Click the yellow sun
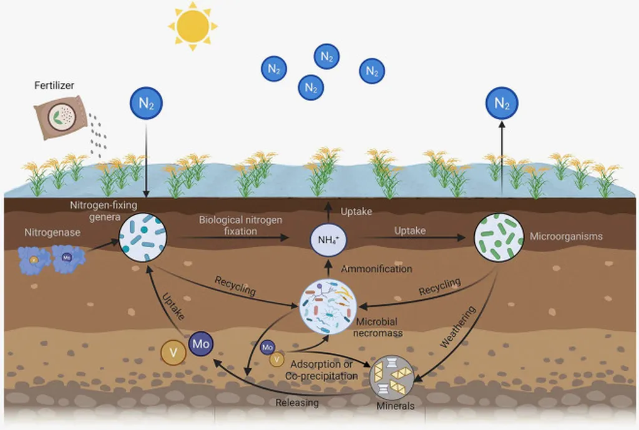[193, 26]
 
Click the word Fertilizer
[54, 85]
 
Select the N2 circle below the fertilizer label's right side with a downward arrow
[146, 104]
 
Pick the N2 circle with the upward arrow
[502, 104]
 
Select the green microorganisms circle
[499, 237]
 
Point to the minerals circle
[393, 377]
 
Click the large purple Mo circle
[200, 344]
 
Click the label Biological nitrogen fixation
[240, 225]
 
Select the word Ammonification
[376, 269]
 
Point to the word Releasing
[297, 403]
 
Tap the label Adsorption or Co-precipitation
[321, 370]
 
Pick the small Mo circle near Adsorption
[267, 346]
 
